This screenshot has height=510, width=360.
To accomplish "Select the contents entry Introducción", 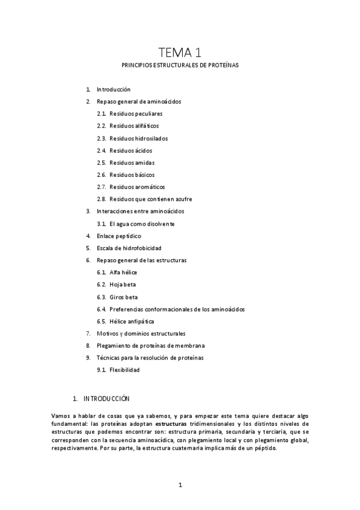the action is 114,89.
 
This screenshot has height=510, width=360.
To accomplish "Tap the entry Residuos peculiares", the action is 136,114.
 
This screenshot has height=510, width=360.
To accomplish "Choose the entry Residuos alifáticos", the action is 134,126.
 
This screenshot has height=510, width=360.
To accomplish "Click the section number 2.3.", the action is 101,138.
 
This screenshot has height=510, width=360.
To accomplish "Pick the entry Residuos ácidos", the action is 130,150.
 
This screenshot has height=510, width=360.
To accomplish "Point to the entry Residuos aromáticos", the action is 137,186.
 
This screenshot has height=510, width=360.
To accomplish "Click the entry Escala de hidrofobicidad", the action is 129,248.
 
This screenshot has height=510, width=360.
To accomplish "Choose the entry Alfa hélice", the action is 123,272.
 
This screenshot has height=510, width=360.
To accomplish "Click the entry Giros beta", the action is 122,297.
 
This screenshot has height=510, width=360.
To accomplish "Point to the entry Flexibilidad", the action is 124,370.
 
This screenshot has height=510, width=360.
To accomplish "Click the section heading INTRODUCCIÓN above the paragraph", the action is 106,398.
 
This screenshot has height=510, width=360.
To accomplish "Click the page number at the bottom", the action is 180,485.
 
